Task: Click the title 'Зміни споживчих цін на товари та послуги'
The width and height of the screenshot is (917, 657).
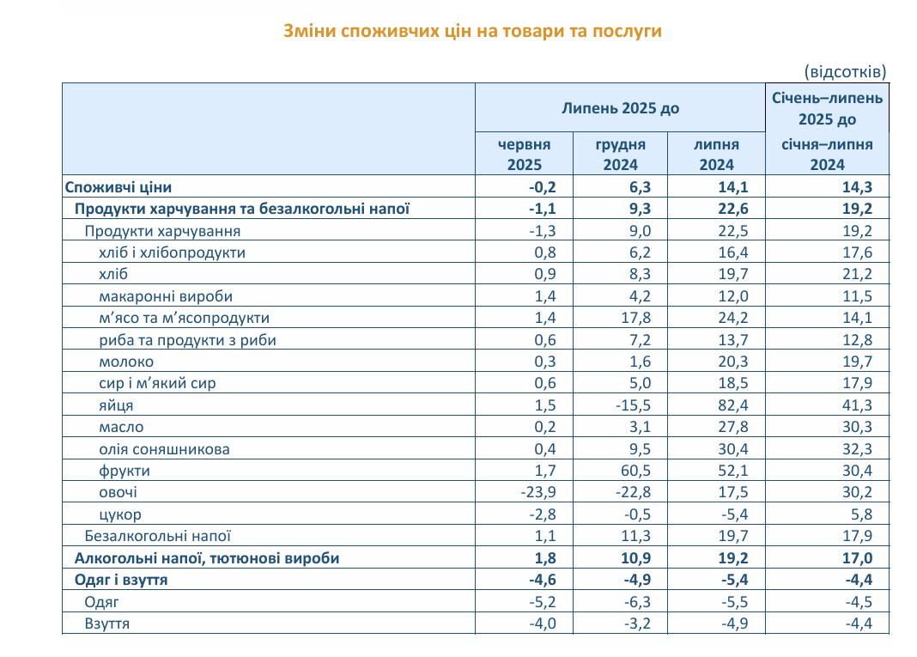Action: click(x=472, y=31)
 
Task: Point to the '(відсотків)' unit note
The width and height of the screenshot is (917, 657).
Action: click(x=845, y=72)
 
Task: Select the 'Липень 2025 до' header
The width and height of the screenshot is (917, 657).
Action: click(x=621, y=108)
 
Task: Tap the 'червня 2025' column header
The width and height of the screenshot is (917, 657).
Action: click(x=524, y=155)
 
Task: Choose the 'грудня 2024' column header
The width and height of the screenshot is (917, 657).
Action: click(x=621, y=155)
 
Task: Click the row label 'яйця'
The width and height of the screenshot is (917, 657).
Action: click(x=116, y=405)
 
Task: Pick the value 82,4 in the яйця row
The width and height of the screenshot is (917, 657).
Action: click(x=732, y=405)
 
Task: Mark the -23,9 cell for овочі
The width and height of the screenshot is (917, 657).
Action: click(x=538, y=493)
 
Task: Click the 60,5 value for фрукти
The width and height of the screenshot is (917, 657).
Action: click(x=635, y=471)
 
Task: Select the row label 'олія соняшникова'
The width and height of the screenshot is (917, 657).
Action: click(x=164, y=449)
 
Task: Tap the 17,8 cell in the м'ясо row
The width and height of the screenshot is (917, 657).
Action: click(x=635, y=319)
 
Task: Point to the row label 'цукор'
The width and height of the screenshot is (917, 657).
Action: click(x=120, y=514)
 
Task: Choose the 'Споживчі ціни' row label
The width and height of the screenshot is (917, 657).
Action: click(x=118, y=187)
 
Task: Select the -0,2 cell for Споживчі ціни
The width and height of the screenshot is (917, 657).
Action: click(x=542, y=187)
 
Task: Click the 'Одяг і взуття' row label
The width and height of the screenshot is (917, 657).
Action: click(x=121, y=580)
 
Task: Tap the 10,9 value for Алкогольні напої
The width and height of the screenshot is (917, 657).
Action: click(x=635, y=558)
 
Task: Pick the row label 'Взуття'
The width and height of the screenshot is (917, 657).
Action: click(x=107, y=624)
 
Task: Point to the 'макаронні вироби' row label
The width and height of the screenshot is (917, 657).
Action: click(x=166, y=296)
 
